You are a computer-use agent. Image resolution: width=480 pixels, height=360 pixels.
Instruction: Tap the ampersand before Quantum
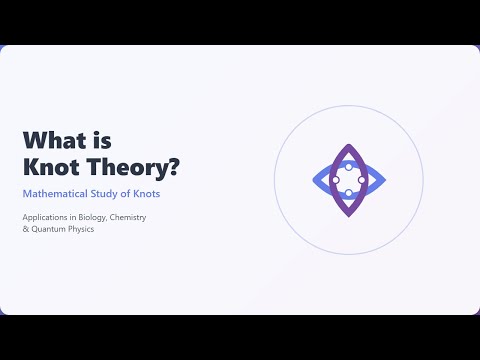(x=25, y=230)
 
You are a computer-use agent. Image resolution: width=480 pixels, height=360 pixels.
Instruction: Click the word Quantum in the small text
(x=49, y=230)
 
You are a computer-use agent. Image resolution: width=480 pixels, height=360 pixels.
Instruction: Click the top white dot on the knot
(x=348, y=166)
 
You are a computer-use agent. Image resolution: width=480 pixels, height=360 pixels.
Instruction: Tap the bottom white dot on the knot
(x=348, y=193)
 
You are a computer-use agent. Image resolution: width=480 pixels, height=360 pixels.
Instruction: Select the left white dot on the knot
(x=335, y=180)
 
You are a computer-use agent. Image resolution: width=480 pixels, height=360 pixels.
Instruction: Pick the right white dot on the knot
(x=362, y=180)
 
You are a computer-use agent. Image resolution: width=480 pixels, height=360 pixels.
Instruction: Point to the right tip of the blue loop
(x=385, y=180)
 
